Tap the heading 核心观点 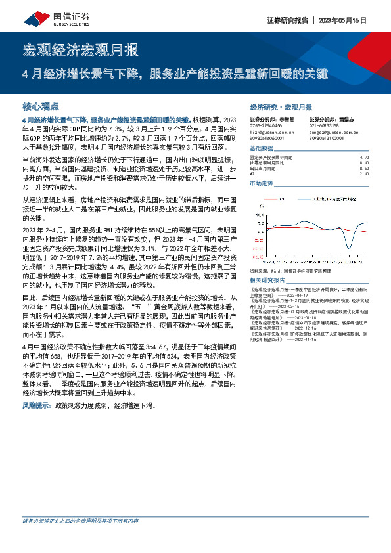click(x=41, y=106)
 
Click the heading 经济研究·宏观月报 click(x=281, y=106)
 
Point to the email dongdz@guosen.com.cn click(x=330, y=131)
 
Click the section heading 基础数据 click(x=263, y=150)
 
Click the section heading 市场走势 click(x=263, y=183)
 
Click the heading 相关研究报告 click(x=268, y=280)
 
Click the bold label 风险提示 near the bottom click(x=35, y=406)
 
